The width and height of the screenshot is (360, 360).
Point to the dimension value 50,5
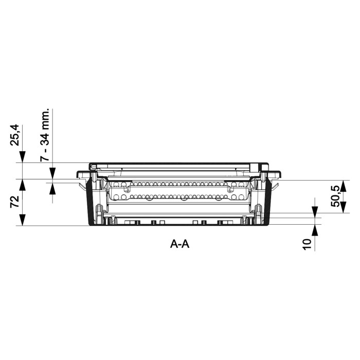tap(335, 196)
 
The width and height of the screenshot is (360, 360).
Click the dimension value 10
tap(308, 244)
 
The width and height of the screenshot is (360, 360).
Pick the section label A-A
tap(180, 244)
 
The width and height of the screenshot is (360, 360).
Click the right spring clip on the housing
tap(277, 184)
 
